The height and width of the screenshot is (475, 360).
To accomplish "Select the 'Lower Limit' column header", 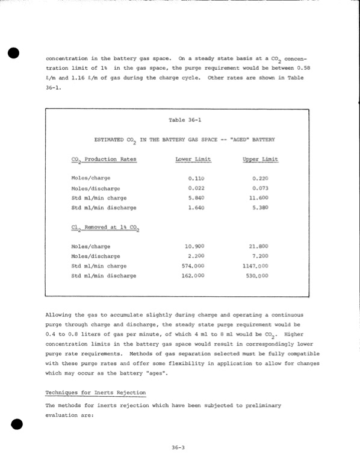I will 192,160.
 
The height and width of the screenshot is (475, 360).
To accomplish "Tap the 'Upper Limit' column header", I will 259,160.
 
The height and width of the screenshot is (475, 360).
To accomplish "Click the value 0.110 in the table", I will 196,179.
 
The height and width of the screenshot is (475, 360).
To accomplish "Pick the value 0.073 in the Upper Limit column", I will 260,188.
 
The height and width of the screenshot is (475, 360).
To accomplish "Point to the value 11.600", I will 259,198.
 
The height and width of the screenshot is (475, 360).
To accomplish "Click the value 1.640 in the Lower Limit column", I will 196,208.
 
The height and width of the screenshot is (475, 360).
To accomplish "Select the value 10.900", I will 195,247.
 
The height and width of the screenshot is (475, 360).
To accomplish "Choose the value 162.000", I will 193,276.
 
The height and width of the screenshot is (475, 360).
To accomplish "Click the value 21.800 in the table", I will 259,247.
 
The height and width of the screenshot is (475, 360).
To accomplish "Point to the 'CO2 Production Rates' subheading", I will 104,160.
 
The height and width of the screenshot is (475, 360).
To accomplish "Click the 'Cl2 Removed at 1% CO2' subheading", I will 104,228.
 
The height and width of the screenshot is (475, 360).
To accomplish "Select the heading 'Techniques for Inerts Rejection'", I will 96,393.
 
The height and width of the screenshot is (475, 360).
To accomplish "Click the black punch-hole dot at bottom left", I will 16,423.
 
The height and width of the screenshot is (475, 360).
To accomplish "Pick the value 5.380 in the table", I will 260,208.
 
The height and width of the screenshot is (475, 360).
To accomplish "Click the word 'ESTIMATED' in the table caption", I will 110,140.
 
